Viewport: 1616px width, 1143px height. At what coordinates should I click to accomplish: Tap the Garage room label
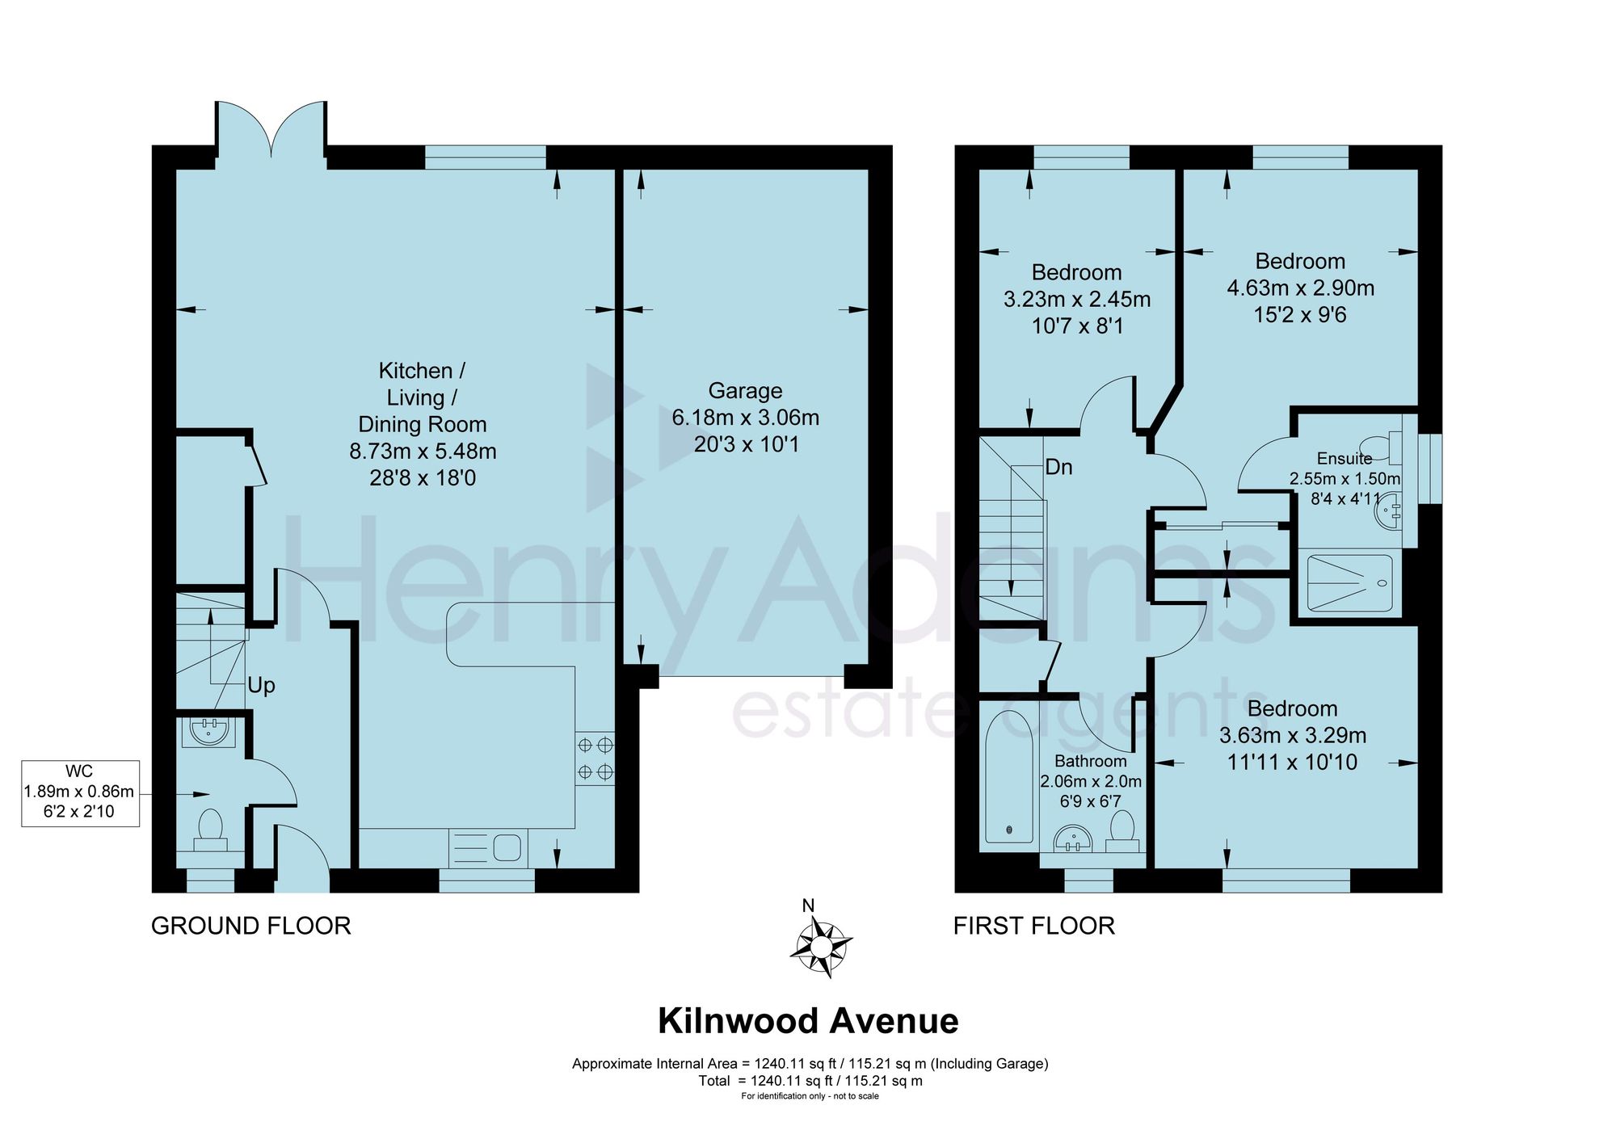pyautogui.click(x=745, y=418)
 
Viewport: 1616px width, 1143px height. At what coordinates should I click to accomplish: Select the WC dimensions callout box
pyautogui.click(x=80, y=793)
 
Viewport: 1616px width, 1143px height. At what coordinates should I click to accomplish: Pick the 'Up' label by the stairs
pyautogui.click(x=262, y=686)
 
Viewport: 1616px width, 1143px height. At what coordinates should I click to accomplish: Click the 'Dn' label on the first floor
pyautogui.click(x=1058, y=467)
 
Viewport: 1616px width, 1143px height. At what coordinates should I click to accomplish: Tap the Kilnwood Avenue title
pyautogui.click(x=808, y=1021)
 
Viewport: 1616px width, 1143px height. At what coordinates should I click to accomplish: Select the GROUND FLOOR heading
pyautogui.click(x=251, y=926)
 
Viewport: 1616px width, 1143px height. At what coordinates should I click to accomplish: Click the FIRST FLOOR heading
pyautogui.click(x=1034, y=926)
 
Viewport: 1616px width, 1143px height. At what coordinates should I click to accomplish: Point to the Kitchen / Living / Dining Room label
pyautogui.click(x=423, y=424)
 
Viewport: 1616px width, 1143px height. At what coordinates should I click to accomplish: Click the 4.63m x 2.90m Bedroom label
pyautogui.click(x=1301, y=288)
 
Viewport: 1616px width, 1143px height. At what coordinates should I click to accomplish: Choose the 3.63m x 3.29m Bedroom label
pyautogui.click(x=1293, y=735)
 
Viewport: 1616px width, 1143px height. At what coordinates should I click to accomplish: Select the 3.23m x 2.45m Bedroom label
pyautogui.click(x=1077, y=299)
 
